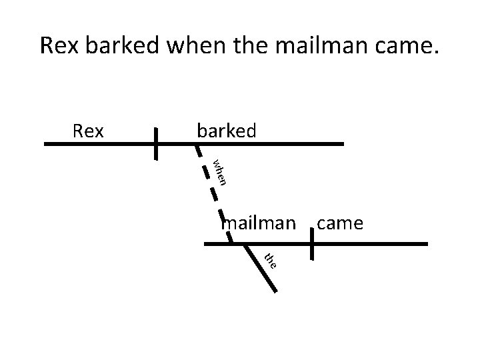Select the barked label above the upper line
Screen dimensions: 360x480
226,130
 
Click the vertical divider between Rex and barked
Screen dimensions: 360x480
155,143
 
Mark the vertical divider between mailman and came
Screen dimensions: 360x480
312,244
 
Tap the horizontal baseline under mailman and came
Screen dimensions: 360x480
373,244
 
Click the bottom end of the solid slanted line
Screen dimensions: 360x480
275,291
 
